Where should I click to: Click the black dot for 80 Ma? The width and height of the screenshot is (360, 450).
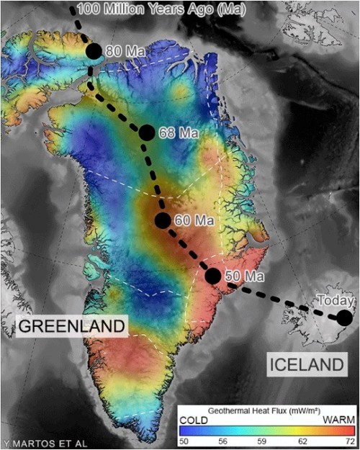tap(94, 51)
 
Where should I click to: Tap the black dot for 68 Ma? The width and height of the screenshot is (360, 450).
tap(146, 132)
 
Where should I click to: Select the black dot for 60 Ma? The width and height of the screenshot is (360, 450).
tap(163, 220)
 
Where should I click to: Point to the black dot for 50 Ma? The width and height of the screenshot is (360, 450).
tap(213, 275)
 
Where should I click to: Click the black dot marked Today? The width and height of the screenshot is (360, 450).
tap(345, 318)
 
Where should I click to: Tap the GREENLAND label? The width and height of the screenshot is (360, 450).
tap(71, 326)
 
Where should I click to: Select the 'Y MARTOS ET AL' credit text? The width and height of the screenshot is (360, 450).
tap(45, 443)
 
